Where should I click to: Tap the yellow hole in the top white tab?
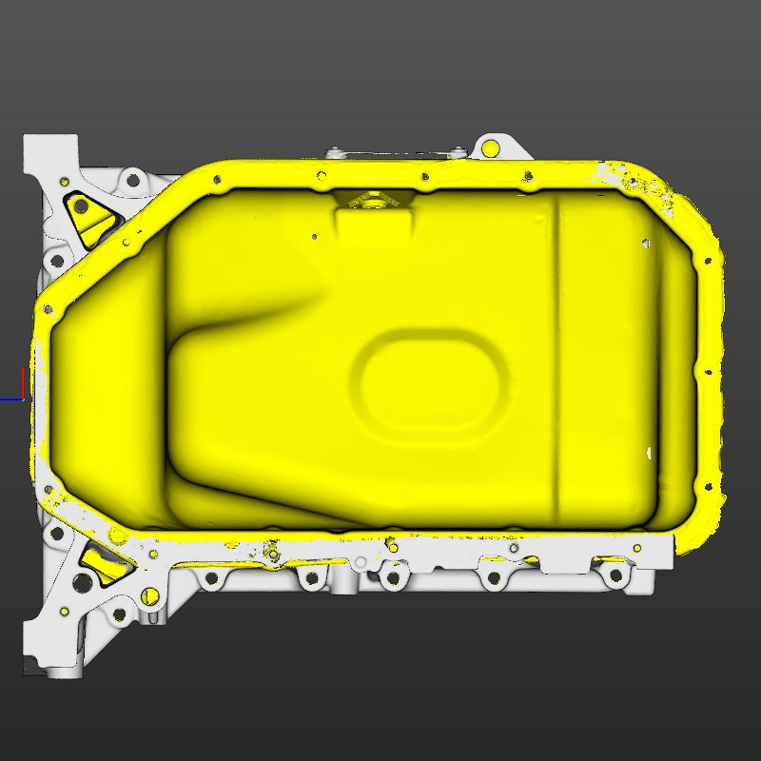pos(491,147)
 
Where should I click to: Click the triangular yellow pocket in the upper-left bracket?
pos(91,217)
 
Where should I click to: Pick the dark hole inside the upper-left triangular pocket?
pos(82,205)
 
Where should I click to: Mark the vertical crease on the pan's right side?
pos(557,352)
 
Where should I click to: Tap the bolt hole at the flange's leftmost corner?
pos(46,307)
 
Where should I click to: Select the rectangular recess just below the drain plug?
pos(374,226)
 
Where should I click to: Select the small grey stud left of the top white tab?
pos(333,152)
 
